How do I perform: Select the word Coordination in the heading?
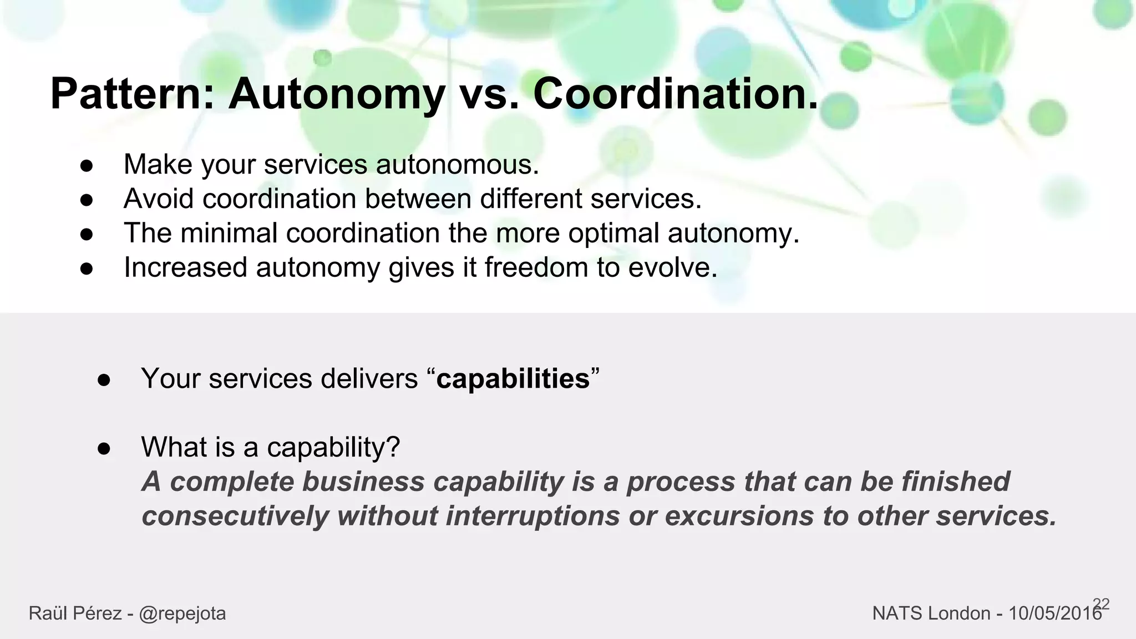(675, 94)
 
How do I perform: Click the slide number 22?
(1101, 604)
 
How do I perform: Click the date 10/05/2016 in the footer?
(1054, 613)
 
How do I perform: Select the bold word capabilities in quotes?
(513, 379)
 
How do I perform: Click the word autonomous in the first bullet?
(457, 165)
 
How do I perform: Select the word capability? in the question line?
(333, 447)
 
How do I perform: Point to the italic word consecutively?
(235, 516)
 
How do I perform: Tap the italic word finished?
(955, 481)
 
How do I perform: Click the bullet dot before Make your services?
(86, 166)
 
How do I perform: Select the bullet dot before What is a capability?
(104, 448)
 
